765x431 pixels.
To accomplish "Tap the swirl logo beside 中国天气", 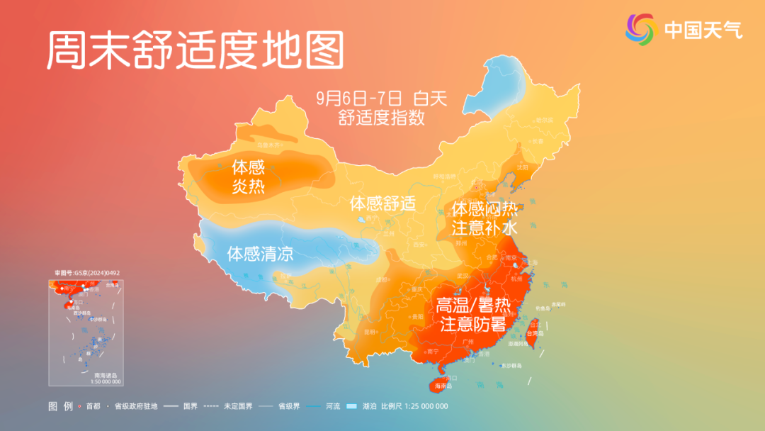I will (641, 29).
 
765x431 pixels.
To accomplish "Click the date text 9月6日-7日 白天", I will (382, 98).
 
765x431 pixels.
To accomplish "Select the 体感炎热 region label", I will (248, 177).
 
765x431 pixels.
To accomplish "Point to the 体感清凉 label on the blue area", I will (260, 253).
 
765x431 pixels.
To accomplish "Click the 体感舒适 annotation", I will (382, 203).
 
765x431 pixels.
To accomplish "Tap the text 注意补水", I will (485, 228).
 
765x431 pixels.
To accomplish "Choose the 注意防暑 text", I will (473, 325).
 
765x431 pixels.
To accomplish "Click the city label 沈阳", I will (523, 168).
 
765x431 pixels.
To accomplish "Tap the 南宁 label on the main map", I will (433, 351).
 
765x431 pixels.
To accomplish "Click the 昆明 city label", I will (370, 331).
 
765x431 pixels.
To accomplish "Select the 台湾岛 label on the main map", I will (535, 333).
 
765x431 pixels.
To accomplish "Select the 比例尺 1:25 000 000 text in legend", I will (414, 406).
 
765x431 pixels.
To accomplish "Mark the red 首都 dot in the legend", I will (80, 407).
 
